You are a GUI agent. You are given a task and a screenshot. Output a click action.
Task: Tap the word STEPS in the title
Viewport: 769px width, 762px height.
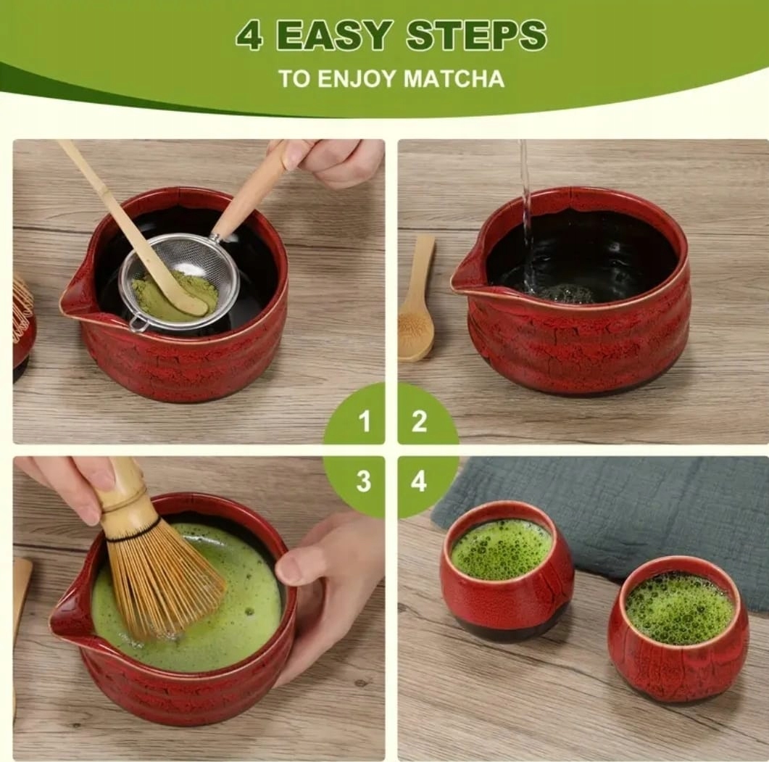coord(476,36)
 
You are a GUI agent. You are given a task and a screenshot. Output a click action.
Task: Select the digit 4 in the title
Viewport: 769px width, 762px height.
coord(249,36)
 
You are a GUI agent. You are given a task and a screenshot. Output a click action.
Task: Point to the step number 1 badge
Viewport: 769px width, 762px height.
coord(363,421)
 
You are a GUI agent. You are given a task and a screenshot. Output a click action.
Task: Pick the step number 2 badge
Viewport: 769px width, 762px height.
coord(419,421)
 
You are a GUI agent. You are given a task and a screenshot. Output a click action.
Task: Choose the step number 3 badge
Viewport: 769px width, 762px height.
coord(363,481)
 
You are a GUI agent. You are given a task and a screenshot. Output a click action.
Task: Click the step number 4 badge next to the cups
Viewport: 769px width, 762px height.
coord(419,481)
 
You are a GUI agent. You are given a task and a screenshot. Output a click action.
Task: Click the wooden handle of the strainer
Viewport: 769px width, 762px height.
coord(251,191)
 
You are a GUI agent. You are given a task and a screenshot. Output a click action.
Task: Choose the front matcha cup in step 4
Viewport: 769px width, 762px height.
coord(678,628)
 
